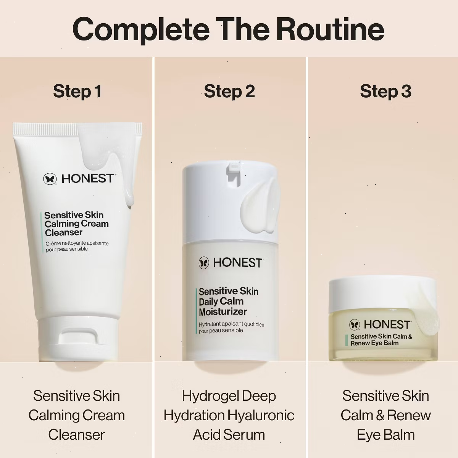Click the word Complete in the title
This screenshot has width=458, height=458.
(x=141, y=31)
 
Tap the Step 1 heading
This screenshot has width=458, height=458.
(x=77, y=91)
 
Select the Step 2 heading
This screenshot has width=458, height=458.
(x=229, y=91)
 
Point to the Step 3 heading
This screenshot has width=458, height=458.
(x=385, y=91)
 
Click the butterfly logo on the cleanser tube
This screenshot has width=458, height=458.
(x=50, y=179)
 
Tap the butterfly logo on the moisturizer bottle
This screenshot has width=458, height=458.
(x=204, y=263)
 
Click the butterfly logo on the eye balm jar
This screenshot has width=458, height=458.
(x=355, y=325)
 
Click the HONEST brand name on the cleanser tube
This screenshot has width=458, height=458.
(x=88, y=179)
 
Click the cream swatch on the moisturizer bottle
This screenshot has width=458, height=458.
(x=259, y=208)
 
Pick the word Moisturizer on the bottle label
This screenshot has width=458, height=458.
(x=223, y=312)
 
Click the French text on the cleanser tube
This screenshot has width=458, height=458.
(x=77, y=246)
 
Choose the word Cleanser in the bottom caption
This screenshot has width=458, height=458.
(x=77, y=435)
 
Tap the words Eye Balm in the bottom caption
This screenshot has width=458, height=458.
(x=385, y=435)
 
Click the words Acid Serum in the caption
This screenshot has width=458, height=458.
(x=229, y=435)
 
